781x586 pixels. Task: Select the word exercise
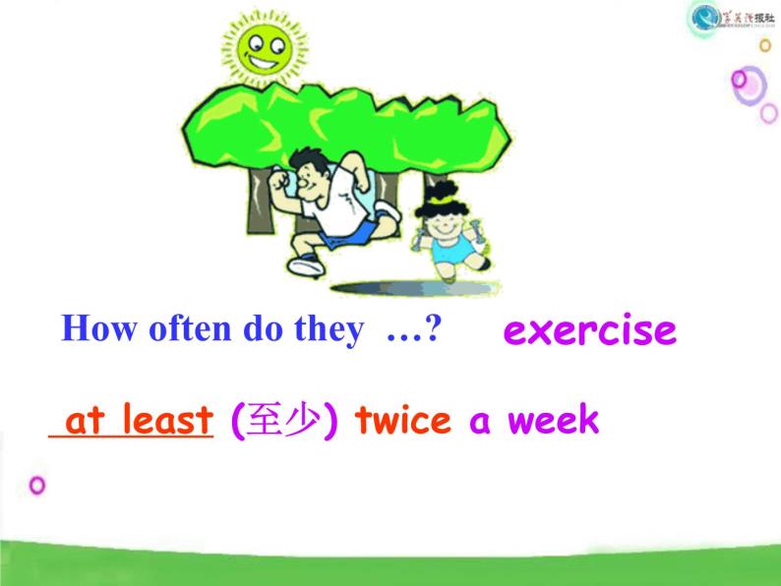589,330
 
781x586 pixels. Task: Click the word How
93,329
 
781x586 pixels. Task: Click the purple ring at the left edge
38,485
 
